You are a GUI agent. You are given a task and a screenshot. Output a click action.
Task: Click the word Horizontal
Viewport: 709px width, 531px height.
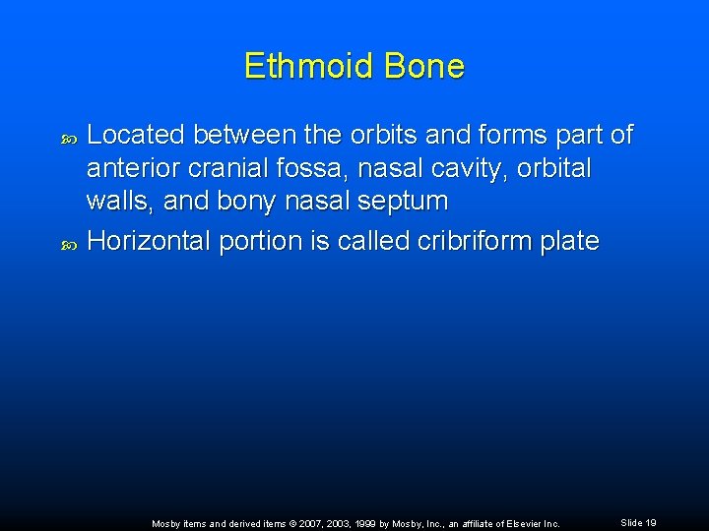click(149, 241)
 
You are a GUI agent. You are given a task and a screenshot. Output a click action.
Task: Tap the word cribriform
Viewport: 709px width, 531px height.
click(439, 241)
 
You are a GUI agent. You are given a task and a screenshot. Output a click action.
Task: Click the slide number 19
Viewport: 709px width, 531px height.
click(649, 523)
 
